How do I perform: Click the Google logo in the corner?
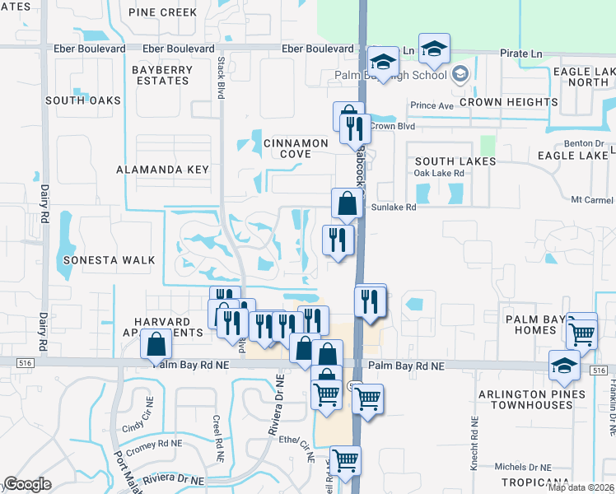27,484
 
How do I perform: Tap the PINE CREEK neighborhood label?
163,12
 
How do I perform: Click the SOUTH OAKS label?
83,100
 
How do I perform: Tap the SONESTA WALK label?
109,260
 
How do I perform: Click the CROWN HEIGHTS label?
509,102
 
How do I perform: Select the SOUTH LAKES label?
455,161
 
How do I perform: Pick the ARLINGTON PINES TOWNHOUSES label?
531,400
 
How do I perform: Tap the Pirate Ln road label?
523,53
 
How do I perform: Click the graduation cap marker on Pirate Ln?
433,49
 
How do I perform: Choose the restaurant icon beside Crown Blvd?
352,127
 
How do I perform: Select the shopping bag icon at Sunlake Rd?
348,202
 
